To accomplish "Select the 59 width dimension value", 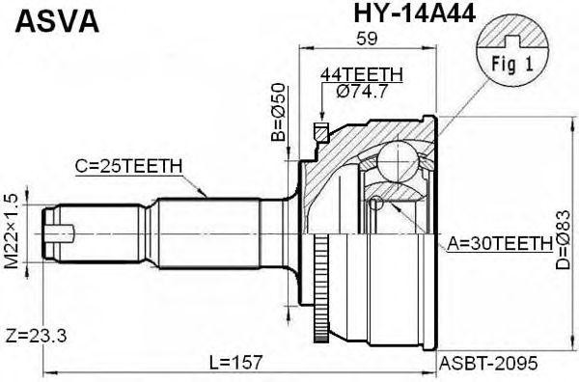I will click(366, 40).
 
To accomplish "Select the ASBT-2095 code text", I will click(488, 363).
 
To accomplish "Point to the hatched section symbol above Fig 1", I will click(514, 36).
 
